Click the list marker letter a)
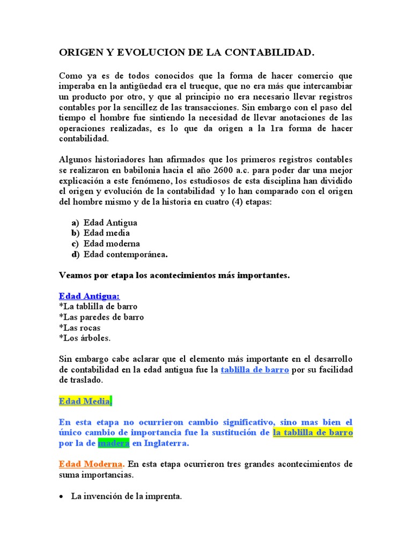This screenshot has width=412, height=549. (x=75, y=222)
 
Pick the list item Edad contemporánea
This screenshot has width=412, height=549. (x=126, y=254)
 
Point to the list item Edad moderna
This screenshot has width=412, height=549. (x=112, y=243)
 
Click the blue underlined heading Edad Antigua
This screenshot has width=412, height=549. (x=89, y=296)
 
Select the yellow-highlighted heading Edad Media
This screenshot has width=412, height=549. (x=84, y=402)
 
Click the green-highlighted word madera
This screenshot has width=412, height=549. (x=113, y=443)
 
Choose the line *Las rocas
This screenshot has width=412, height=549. (x=79, y=328)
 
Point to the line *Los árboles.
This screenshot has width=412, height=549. (x=84, y=338)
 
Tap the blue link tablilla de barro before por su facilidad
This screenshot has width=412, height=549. (x=255, y=369)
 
